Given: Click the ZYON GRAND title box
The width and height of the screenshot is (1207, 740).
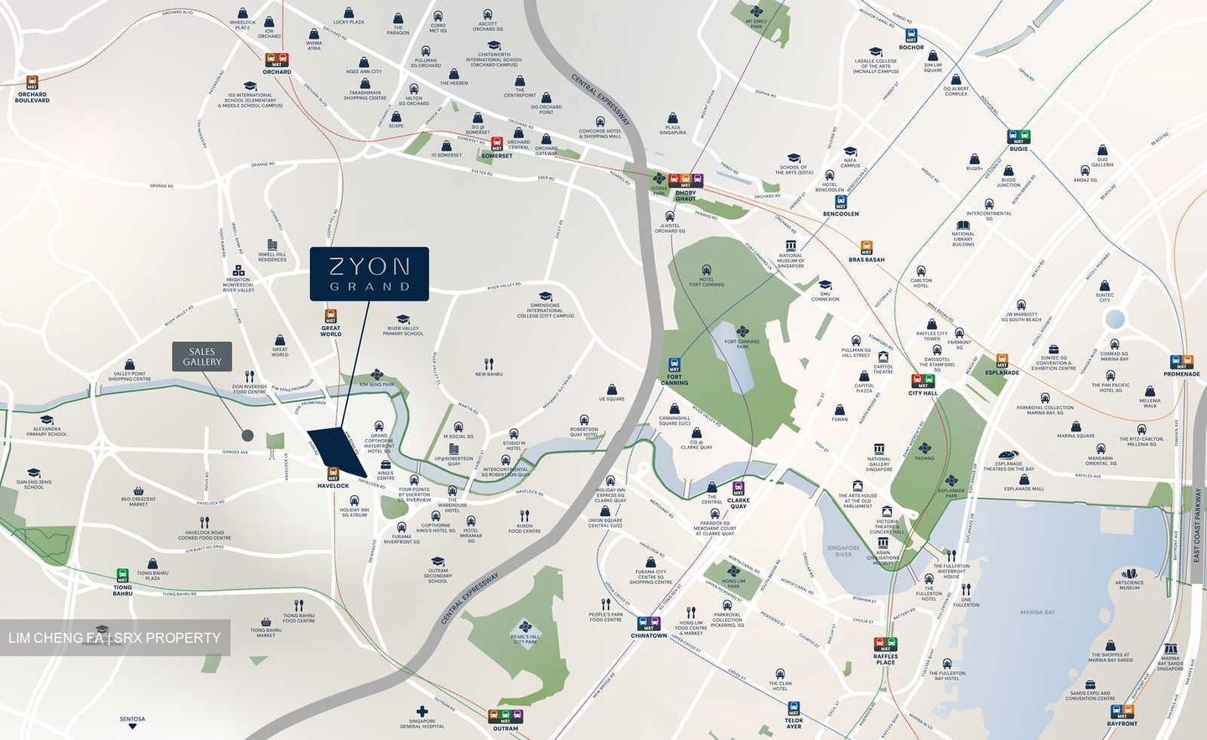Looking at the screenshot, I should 369,274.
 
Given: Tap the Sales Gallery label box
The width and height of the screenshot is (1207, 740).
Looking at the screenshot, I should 202,357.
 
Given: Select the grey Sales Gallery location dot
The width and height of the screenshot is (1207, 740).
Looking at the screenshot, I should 246,435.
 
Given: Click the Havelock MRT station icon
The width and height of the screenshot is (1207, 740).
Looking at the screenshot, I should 333,473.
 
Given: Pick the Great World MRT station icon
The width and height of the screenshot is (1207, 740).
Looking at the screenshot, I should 331,318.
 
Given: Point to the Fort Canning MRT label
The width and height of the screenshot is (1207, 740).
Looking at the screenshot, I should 674,379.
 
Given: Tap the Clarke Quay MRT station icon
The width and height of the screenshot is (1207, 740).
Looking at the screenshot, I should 738,488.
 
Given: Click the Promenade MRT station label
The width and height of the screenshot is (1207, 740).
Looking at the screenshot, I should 1182,374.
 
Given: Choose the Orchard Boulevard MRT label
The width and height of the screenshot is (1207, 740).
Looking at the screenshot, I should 33,97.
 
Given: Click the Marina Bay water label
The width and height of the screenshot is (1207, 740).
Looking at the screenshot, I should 1038,613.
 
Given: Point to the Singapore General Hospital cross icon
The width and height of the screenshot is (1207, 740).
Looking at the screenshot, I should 422,712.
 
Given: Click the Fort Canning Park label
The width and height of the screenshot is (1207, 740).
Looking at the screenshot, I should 742,343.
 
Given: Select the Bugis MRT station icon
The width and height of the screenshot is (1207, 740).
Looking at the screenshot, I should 1018,137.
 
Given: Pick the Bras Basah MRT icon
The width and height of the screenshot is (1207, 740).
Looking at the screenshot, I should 866,247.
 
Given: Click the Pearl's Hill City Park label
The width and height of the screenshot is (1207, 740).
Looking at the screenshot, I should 526,639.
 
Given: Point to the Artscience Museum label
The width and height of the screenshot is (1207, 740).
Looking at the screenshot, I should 1129,585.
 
